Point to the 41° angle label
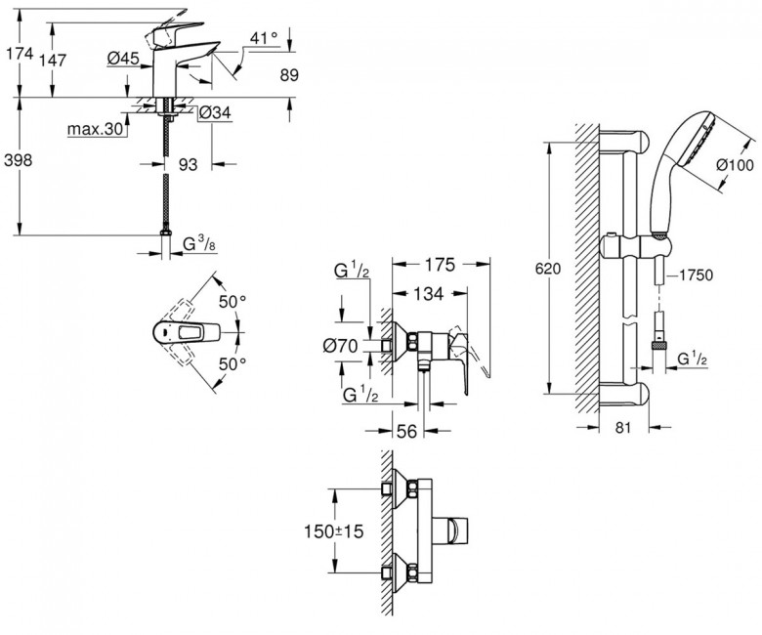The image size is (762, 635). (265, 39)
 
